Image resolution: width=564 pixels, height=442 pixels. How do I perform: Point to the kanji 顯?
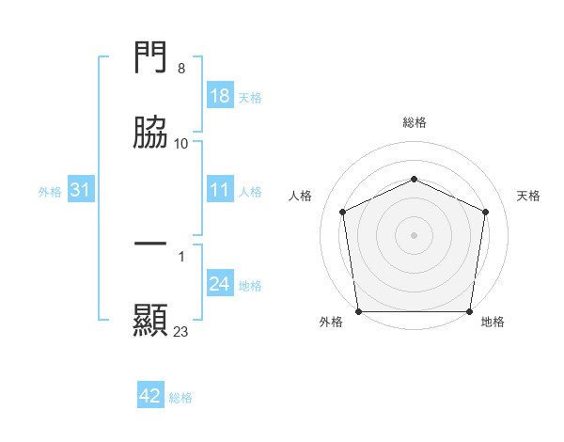150,320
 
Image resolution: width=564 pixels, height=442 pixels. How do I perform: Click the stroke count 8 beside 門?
181,70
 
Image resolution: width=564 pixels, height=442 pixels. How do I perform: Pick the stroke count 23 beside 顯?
181,331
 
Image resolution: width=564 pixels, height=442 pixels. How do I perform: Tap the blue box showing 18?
219,96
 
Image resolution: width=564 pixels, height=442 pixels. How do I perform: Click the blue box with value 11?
219,191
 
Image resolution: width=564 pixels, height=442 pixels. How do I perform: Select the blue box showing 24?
219,284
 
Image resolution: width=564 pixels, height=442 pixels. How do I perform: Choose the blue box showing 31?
81,191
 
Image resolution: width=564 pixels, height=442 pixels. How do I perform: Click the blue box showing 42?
150,396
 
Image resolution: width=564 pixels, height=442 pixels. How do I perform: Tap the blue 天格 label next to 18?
250,97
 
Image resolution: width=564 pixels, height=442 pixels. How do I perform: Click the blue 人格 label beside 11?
250,192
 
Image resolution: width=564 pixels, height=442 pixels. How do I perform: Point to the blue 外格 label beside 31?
50,192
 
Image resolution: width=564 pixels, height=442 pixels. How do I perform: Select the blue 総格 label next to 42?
180,397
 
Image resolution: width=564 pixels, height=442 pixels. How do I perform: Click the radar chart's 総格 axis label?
414,122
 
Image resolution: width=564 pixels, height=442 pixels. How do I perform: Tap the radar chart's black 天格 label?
529,196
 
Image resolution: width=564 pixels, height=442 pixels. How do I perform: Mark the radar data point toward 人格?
343,212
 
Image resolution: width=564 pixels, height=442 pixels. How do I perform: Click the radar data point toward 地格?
469,311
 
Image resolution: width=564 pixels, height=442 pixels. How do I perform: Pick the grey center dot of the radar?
414,234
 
